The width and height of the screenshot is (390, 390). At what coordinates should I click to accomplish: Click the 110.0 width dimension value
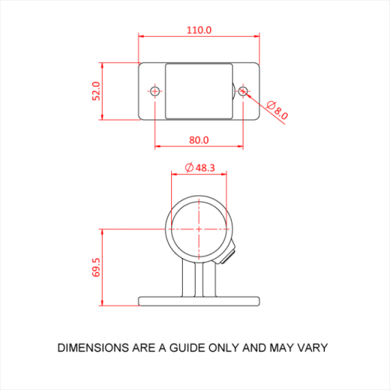point(199,29)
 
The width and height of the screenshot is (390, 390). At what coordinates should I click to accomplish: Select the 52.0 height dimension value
point(96,91)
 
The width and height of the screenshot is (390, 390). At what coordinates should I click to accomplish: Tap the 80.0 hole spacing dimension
point(199,140)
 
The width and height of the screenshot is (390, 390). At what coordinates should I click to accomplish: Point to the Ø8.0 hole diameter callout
point(277,110)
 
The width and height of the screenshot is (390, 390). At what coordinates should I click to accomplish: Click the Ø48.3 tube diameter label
point(200,167)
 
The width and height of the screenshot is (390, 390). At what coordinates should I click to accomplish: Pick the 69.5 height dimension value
point(96,267)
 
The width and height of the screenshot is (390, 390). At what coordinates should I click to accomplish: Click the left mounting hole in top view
point(155,91)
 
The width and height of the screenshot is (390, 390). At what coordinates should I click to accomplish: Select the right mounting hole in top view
point(243,91)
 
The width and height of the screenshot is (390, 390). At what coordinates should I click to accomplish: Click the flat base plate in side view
point(199,300)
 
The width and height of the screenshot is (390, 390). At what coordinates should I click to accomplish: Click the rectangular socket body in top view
point(199,91)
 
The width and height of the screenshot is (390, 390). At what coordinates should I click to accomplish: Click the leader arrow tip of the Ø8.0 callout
point(247,94)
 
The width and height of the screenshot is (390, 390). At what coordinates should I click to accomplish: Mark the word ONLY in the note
point(224,348)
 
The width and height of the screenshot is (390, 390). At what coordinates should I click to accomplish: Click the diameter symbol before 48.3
point(189,167)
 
